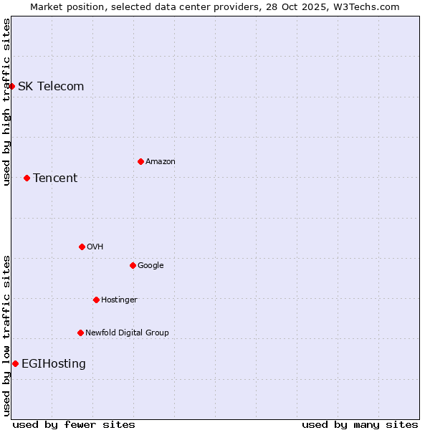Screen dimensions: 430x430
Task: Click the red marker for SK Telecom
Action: click(x=12, y=87)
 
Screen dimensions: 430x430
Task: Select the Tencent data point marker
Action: click(x=27, y=178)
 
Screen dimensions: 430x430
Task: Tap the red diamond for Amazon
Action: click(x=140, y=161)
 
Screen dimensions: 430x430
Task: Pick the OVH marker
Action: click(x=82, y=247)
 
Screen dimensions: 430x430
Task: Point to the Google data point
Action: click(x=133, y=265)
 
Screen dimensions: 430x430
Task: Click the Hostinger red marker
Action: click(x=96, y=300)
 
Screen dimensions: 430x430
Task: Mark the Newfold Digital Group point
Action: click(x=80, y=333)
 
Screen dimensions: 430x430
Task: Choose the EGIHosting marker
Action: click(x=15, y=363)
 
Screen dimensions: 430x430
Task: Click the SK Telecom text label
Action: click(x=51, y=87)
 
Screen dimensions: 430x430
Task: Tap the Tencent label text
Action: click(x=55, y=178)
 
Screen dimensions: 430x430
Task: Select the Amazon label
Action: click(x=161, y=161)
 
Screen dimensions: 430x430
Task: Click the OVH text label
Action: click(x=95, y=247)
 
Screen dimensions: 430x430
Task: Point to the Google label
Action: click(x=150, y=265)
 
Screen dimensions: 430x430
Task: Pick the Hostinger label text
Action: click(x=119, y=300)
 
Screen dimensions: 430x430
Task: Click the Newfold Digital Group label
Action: click(x=127, y=333)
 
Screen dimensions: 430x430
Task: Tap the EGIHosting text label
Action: click(x=54, y=363)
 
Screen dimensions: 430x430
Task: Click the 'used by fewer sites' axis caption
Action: click(x=74, y=424)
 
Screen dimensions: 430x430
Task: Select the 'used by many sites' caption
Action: click(x=360, y=424)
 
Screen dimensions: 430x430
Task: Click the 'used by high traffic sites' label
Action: click(x=6, y=102)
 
